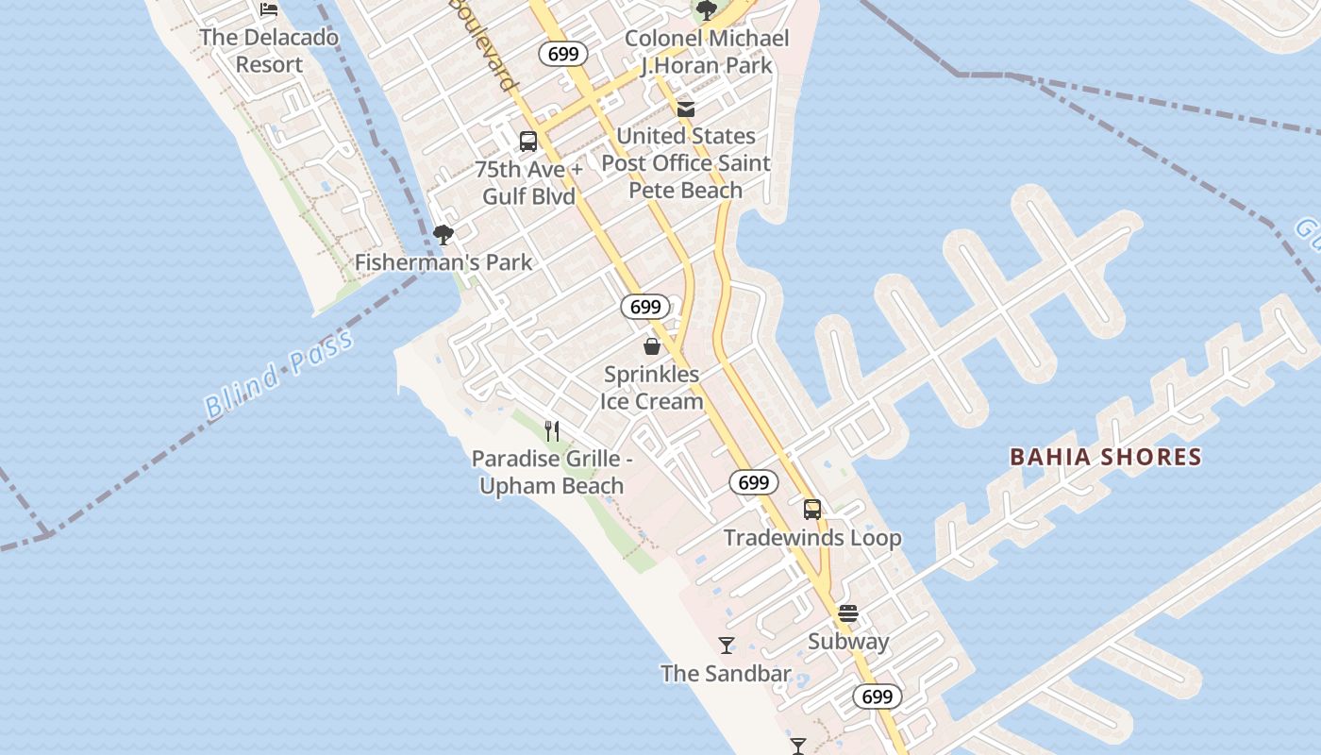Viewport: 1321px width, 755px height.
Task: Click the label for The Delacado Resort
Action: pyautogui.click(x=269, y=51)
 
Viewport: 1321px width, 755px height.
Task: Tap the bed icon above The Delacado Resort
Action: pyautogui.click(x=269, y=9)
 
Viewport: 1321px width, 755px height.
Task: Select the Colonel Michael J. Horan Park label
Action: pyautogui.click(x=707, y=52)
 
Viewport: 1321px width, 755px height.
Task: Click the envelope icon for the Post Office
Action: pyautogui.click(x=686, y=109)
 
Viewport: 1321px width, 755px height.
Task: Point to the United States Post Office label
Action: pyautogui.click(x=686, y=163)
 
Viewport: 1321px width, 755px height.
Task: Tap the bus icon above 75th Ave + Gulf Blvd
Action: pyautogui.click(x=528, y=142)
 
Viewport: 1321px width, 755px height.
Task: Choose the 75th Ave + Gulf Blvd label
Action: pyautogui.click(x=528, y=183)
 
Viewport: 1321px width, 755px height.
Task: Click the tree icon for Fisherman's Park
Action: pyautogui.click(x=443, y=235)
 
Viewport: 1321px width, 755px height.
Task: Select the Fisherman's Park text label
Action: pyautogui.click(x=443, y=262)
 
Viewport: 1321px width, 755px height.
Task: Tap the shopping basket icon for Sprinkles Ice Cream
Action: pyautogui.click(x=651, y=346)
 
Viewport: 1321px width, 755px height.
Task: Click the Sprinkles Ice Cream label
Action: pyautogui.click(x=652, y=388)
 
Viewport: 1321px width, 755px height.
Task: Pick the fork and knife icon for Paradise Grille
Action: pyautogui.click(x=552, y=431)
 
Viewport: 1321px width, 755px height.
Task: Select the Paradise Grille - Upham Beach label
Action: pyautogui.click(x=552, y=473)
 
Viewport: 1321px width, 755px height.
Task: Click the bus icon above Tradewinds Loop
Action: pyautogui.click(x=812, y=510)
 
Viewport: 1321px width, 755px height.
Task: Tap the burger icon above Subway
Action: pyautogui.click(x=848, y=613)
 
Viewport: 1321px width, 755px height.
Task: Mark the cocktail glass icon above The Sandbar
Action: pyautogui.click(x=727, y=646)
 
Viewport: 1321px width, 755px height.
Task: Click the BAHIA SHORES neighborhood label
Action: pyautogui.click(x=1106, y=458)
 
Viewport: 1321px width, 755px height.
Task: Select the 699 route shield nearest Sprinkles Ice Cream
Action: pyautogui.click(x=645, y=307)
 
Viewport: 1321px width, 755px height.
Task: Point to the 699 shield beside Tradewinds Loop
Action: pyautogui.click(x=754, y=483)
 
